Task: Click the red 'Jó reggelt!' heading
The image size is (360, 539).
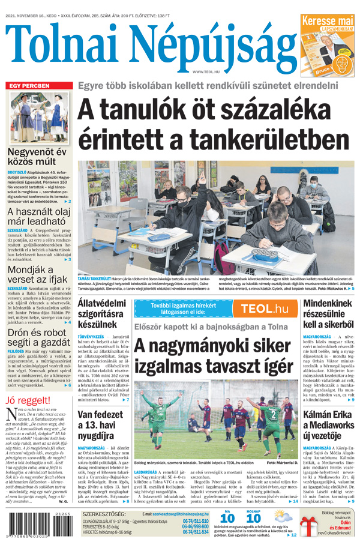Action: (28, 400)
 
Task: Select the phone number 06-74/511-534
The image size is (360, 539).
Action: (196, 531)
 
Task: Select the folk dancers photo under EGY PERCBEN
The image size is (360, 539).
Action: (38, 117)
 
